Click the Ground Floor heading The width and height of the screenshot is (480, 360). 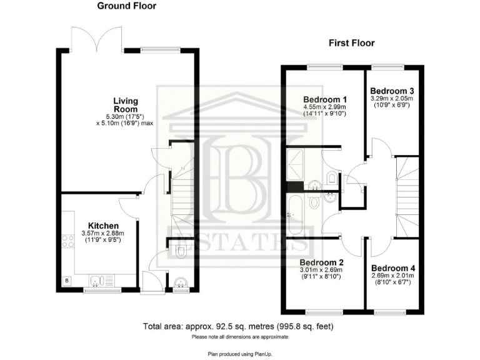pyautogui.click(x=127, y=6)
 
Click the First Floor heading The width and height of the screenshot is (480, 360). pyautogui.click(x=352, y=43)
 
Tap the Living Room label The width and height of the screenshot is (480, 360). pyautogui.click(x=125, y=104)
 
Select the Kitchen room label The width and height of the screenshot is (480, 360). pyautogui.click(x=103, y=226)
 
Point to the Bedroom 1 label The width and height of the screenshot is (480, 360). pyautogui.click(x=325, y=99)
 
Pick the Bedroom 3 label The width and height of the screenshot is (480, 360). pyautogui.click(x=392, y=90)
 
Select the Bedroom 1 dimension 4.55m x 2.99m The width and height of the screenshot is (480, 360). pyautogui.click(x=325, y=107)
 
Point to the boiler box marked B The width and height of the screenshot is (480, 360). pyautogui.click(x=67, y=281)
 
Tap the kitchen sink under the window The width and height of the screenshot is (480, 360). pyautogui.click(x=99, y=279)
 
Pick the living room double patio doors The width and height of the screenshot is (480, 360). pyautogui.click(x=97, y=39)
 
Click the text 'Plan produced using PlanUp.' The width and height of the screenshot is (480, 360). pyautogui.click(x=239, y=354)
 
